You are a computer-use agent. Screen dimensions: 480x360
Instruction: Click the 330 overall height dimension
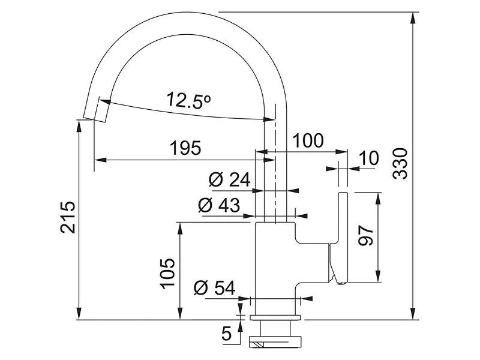(x=400, y=164)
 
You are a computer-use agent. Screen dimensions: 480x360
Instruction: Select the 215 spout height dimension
(x=68, y=217)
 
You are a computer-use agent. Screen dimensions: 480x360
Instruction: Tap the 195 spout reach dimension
(x=185, y=148)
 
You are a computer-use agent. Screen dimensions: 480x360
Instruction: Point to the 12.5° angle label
(x=189, y=100)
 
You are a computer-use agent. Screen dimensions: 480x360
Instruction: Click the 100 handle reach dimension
(x=308, y=140)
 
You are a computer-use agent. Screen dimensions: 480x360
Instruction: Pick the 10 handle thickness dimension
(x=369, y=158)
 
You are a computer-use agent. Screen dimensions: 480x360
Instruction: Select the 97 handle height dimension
(x=366, y=235)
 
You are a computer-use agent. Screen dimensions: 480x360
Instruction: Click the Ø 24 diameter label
(x=230, y=179)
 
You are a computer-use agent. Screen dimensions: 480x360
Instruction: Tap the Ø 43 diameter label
(x=219, y=205)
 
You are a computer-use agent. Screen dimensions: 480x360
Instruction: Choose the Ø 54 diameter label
(x=215, y=288)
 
